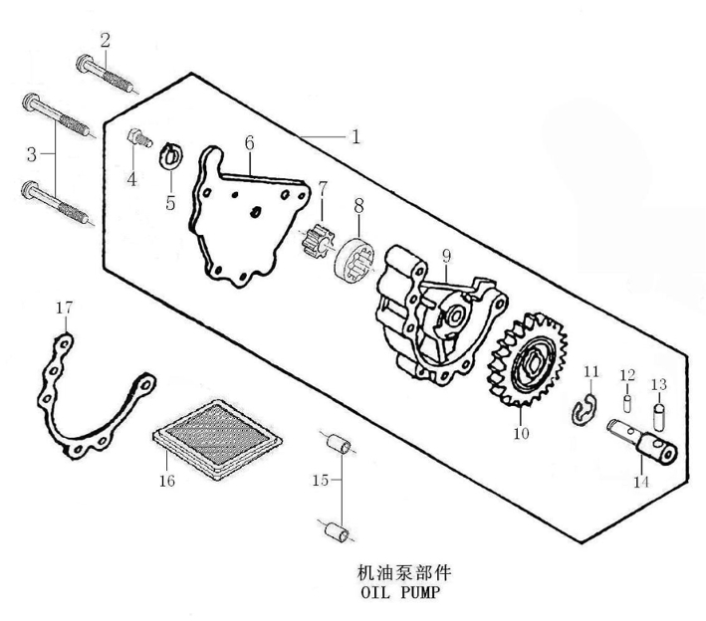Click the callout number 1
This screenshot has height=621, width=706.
point(355,136)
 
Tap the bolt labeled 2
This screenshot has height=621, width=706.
point(106,74)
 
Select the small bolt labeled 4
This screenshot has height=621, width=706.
point(140,137)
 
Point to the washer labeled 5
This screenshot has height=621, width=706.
point(171,155)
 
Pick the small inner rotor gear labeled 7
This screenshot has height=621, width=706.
point(317,241)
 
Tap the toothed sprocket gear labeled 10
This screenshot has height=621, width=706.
point(527,359)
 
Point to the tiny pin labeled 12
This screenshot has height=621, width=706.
point(626,403)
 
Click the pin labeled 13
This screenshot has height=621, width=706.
point(659,416)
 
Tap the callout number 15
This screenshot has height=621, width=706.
point(320,480)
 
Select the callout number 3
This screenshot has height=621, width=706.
point(32,154)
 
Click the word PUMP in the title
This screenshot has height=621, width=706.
point(419,593)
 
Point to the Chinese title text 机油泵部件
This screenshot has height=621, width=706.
point(404,573)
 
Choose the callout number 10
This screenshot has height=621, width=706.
point(522,433)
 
